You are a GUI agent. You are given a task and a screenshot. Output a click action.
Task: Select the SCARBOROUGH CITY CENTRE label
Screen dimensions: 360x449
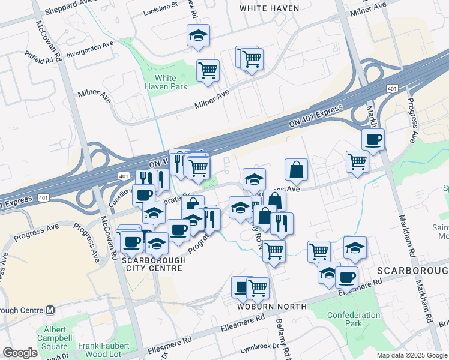152,264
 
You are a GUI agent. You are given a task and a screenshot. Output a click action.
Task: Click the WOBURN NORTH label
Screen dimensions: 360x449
271,307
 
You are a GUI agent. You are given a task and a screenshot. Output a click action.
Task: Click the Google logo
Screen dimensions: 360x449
20,353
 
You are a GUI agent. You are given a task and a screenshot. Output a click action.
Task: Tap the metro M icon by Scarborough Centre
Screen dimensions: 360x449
50,310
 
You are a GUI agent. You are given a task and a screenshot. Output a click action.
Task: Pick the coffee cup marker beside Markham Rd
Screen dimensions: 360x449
373,139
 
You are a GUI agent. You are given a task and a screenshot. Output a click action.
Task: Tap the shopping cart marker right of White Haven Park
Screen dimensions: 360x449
208,70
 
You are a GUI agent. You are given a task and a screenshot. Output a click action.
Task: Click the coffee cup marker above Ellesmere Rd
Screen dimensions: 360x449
346,277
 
